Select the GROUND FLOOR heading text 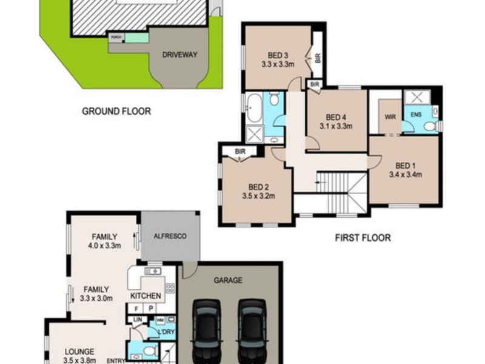[116, 111]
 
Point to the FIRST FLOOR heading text [363, 238]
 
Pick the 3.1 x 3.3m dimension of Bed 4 [336, 127]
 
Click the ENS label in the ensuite [416, 115]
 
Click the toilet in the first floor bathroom [274, 99]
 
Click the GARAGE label [228, 280]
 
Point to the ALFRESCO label [169, 237]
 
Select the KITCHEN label [146, 296]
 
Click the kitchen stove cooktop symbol [170, 288]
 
